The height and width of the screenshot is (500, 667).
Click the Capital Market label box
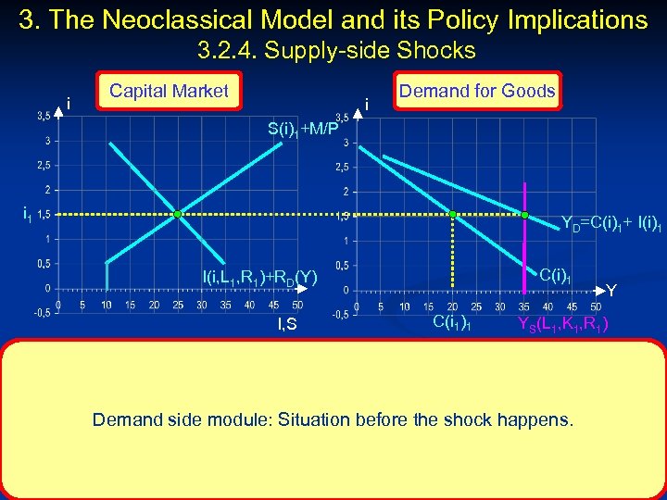point(169,91)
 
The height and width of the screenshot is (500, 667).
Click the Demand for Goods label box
point(477,91)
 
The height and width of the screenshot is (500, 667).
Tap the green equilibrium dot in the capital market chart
point(178,215)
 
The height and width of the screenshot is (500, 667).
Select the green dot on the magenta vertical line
point(524,215)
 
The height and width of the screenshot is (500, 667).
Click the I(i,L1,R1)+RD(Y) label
point(259,275)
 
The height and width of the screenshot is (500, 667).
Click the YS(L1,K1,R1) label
point(562,323)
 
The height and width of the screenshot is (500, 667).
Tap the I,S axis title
point(288,323)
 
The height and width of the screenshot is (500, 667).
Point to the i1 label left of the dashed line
point(28,215)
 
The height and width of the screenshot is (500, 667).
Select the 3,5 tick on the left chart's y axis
point(43,116)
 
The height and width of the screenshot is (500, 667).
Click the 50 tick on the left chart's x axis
point(297,305)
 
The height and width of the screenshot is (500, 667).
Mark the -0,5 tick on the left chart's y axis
point(42,312)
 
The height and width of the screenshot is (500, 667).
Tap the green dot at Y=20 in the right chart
point(453,215)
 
